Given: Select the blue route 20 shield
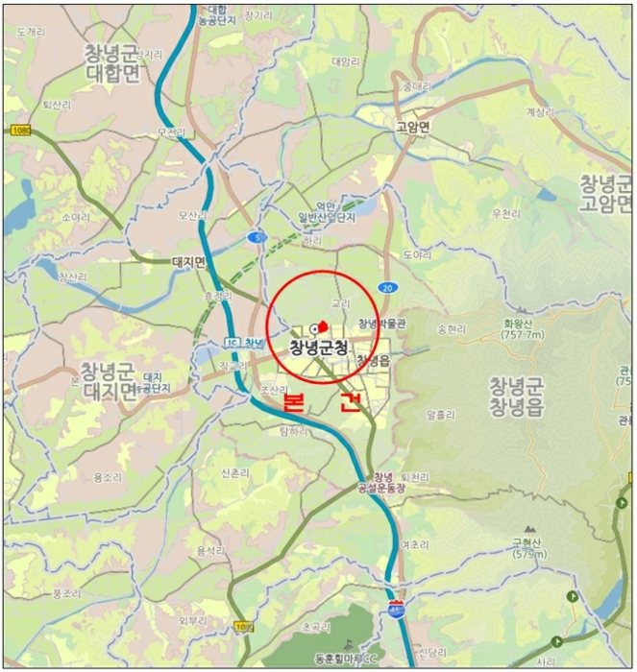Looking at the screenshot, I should (x=386, y=287).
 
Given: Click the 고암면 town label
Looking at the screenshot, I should (x=414, y=127).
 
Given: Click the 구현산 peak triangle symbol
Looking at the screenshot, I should (x=529, y=529).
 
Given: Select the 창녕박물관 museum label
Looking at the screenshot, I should (x=381, y=324).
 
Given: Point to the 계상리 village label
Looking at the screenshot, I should (x=541, y=111).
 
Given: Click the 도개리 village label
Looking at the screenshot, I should (x=31, y=32).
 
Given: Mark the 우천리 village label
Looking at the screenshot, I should (x=504, y=213).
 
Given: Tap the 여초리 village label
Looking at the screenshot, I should (x=414, y=543).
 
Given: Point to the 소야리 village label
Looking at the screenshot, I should (x=76, y=217).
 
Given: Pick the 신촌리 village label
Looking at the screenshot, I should (x=235, y=473).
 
